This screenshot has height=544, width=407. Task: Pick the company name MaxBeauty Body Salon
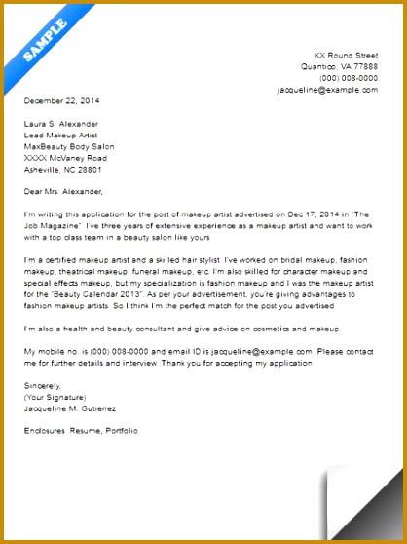point(68,146)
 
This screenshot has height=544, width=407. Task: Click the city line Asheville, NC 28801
point(64,169)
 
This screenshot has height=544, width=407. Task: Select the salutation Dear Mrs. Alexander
point(62,191)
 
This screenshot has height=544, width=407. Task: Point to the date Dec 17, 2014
point(276,214)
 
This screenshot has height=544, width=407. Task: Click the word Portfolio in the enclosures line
point(121,429)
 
